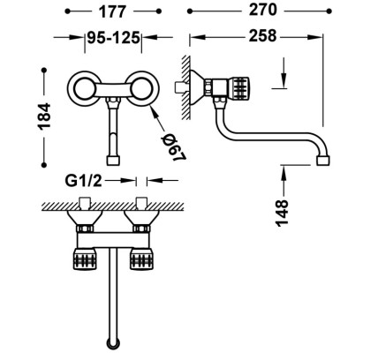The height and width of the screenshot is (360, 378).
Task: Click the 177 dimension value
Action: [x=112, y=12]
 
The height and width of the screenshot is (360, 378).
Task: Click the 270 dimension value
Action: [x=263, y=11]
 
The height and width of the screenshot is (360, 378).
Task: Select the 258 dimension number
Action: [x=263, y=36]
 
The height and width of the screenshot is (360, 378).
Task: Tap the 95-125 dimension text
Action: [x=113, y=38]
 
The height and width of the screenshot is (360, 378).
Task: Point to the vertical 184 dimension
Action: [x=44, y=116]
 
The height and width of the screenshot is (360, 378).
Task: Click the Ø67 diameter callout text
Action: [x=174, y=147]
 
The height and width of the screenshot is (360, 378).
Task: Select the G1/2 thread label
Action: [x=83, y=180]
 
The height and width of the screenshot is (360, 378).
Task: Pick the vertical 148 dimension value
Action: [x=282, y=213]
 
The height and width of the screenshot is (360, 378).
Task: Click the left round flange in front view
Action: [x=83, y=87]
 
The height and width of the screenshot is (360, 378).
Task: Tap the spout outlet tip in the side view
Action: [x=323, y=161]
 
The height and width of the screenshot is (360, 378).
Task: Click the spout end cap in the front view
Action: [x=113, y=161]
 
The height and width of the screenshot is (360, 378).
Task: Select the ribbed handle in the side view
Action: [x=239, y=87]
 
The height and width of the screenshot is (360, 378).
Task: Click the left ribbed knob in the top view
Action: [x=85, y=259]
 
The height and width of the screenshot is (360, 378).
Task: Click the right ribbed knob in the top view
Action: [x=141, y=259]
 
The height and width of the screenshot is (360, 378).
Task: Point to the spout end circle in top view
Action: [x=113, y=342]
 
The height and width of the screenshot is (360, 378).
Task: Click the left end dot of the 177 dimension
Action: [x=67, y=11]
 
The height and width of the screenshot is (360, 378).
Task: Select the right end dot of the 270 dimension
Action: [x=329, y=11]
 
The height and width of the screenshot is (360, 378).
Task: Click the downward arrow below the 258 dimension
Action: [x=283, y=72]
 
